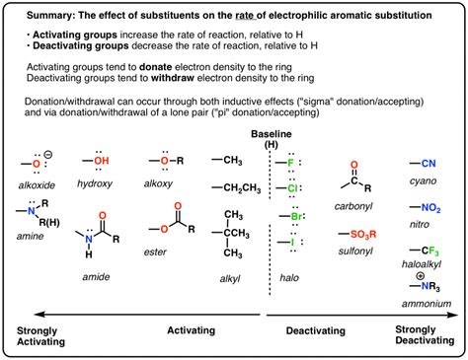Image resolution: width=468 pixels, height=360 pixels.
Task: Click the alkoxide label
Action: [37, 185]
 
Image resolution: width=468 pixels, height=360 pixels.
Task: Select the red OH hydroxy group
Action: [102, 161]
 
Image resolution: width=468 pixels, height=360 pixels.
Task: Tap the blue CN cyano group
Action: [429, 163]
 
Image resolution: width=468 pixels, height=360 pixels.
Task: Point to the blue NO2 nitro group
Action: [430, 208]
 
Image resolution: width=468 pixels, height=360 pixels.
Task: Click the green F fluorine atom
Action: [290, 163]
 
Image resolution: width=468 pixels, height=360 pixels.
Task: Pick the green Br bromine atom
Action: [296, 216]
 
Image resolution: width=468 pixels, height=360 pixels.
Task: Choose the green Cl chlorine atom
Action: [292, 188]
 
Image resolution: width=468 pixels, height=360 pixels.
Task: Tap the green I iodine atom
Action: [292, 243]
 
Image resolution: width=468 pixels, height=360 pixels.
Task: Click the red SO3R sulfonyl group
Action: [363, 235]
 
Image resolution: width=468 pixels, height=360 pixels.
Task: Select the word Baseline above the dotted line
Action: [272, 134]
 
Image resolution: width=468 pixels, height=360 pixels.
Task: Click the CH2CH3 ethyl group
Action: [242, 188]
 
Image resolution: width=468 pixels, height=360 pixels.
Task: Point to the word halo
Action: [289, 278]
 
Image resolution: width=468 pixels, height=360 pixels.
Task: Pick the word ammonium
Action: [427, 304]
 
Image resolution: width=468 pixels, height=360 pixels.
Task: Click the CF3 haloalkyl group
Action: [430, 252]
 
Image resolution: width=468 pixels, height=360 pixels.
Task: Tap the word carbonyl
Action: [353, 206]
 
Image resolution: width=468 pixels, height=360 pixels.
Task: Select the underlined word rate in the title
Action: [245, 15]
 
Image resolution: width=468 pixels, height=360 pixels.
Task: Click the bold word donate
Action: [156, 67]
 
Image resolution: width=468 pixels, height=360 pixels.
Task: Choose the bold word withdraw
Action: [173, 78]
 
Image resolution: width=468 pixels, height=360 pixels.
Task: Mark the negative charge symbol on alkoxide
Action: [48, 154]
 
